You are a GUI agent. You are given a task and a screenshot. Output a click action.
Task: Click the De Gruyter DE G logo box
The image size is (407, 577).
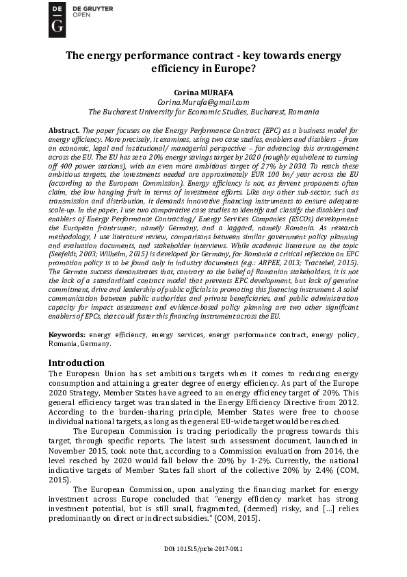click(59, 19)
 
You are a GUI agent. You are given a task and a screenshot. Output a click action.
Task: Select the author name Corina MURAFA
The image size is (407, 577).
click(203, 90)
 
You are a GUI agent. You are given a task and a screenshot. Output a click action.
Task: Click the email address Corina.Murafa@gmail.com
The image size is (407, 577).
click(203, 101)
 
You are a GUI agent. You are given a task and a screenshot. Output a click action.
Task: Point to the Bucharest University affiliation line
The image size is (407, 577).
click(203, 111)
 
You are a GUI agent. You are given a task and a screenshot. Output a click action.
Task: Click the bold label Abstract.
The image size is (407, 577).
click(64, 130)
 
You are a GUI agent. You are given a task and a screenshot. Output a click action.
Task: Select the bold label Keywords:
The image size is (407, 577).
click(67, 334)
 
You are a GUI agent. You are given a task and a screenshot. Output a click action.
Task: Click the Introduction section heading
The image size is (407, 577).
click(77, 363)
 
